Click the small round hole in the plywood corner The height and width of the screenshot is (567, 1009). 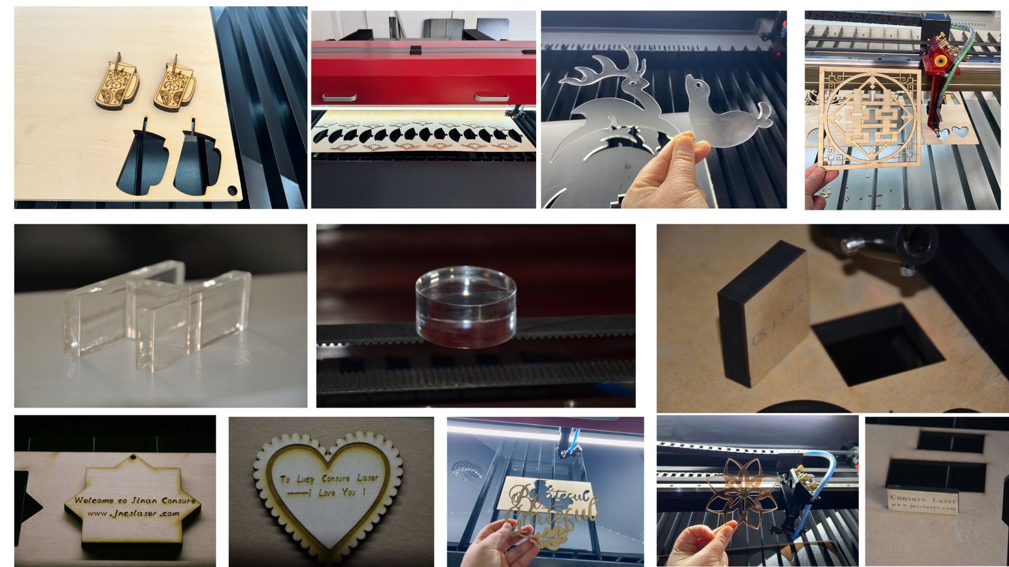point(232,190)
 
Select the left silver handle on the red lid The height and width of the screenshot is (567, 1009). point(339,98)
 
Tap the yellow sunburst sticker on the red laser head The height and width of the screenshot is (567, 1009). point(940,61)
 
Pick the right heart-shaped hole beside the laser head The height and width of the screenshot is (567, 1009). point(960,132)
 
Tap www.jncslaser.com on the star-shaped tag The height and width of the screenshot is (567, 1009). point(134,513)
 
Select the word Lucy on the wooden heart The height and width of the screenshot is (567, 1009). point(306,479)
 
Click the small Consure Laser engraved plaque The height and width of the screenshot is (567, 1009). point(923,501)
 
